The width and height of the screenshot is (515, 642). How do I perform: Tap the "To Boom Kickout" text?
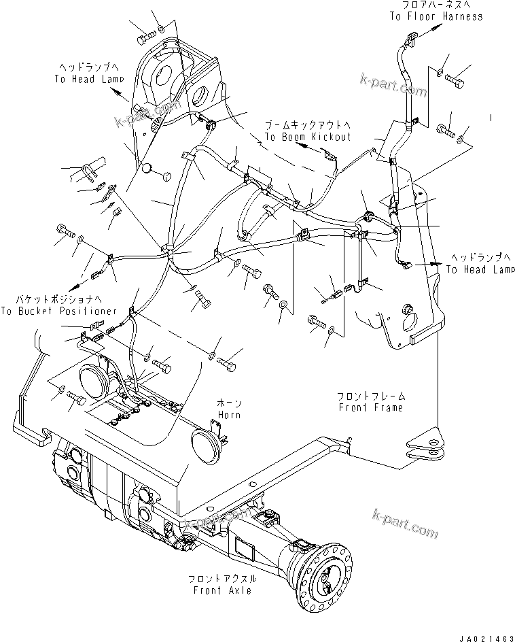[x=308, y=137]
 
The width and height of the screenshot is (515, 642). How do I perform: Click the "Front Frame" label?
[x=370, y=407]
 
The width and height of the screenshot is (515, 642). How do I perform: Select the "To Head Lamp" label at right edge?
[x=480, y=269]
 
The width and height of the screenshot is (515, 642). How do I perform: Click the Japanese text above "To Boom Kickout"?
[x=308, y=126]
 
